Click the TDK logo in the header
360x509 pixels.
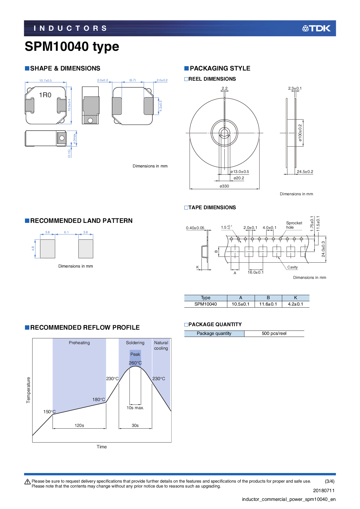[316, 28]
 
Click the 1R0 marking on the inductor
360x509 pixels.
[45, 95]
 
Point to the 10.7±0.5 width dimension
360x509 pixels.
[45, 80]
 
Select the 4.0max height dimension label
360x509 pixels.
[75, 139]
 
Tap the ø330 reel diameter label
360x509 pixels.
[224, 186]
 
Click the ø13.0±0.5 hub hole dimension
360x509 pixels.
[240, 172]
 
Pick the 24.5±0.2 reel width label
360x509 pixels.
[305, 172]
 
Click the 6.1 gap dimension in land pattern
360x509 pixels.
[66, 232]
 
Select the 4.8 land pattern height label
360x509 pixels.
[33, 248]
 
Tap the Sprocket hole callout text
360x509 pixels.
[294, 225]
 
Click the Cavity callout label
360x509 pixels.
[292, 267]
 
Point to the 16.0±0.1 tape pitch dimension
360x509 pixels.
[255, 272]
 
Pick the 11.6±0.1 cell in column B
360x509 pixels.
[268, 304]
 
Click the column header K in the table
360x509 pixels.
[295, 298]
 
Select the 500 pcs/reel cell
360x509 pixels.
[274, 333]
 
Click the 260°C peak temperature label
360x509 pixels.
[135, 363]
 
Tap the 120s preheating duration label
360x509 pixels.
[79, 425]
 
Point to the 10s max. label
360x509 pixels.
[135, 408]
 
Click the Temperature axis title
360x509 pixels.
[28, 390]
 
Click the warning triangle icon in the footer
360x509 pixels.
[28, 482]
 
